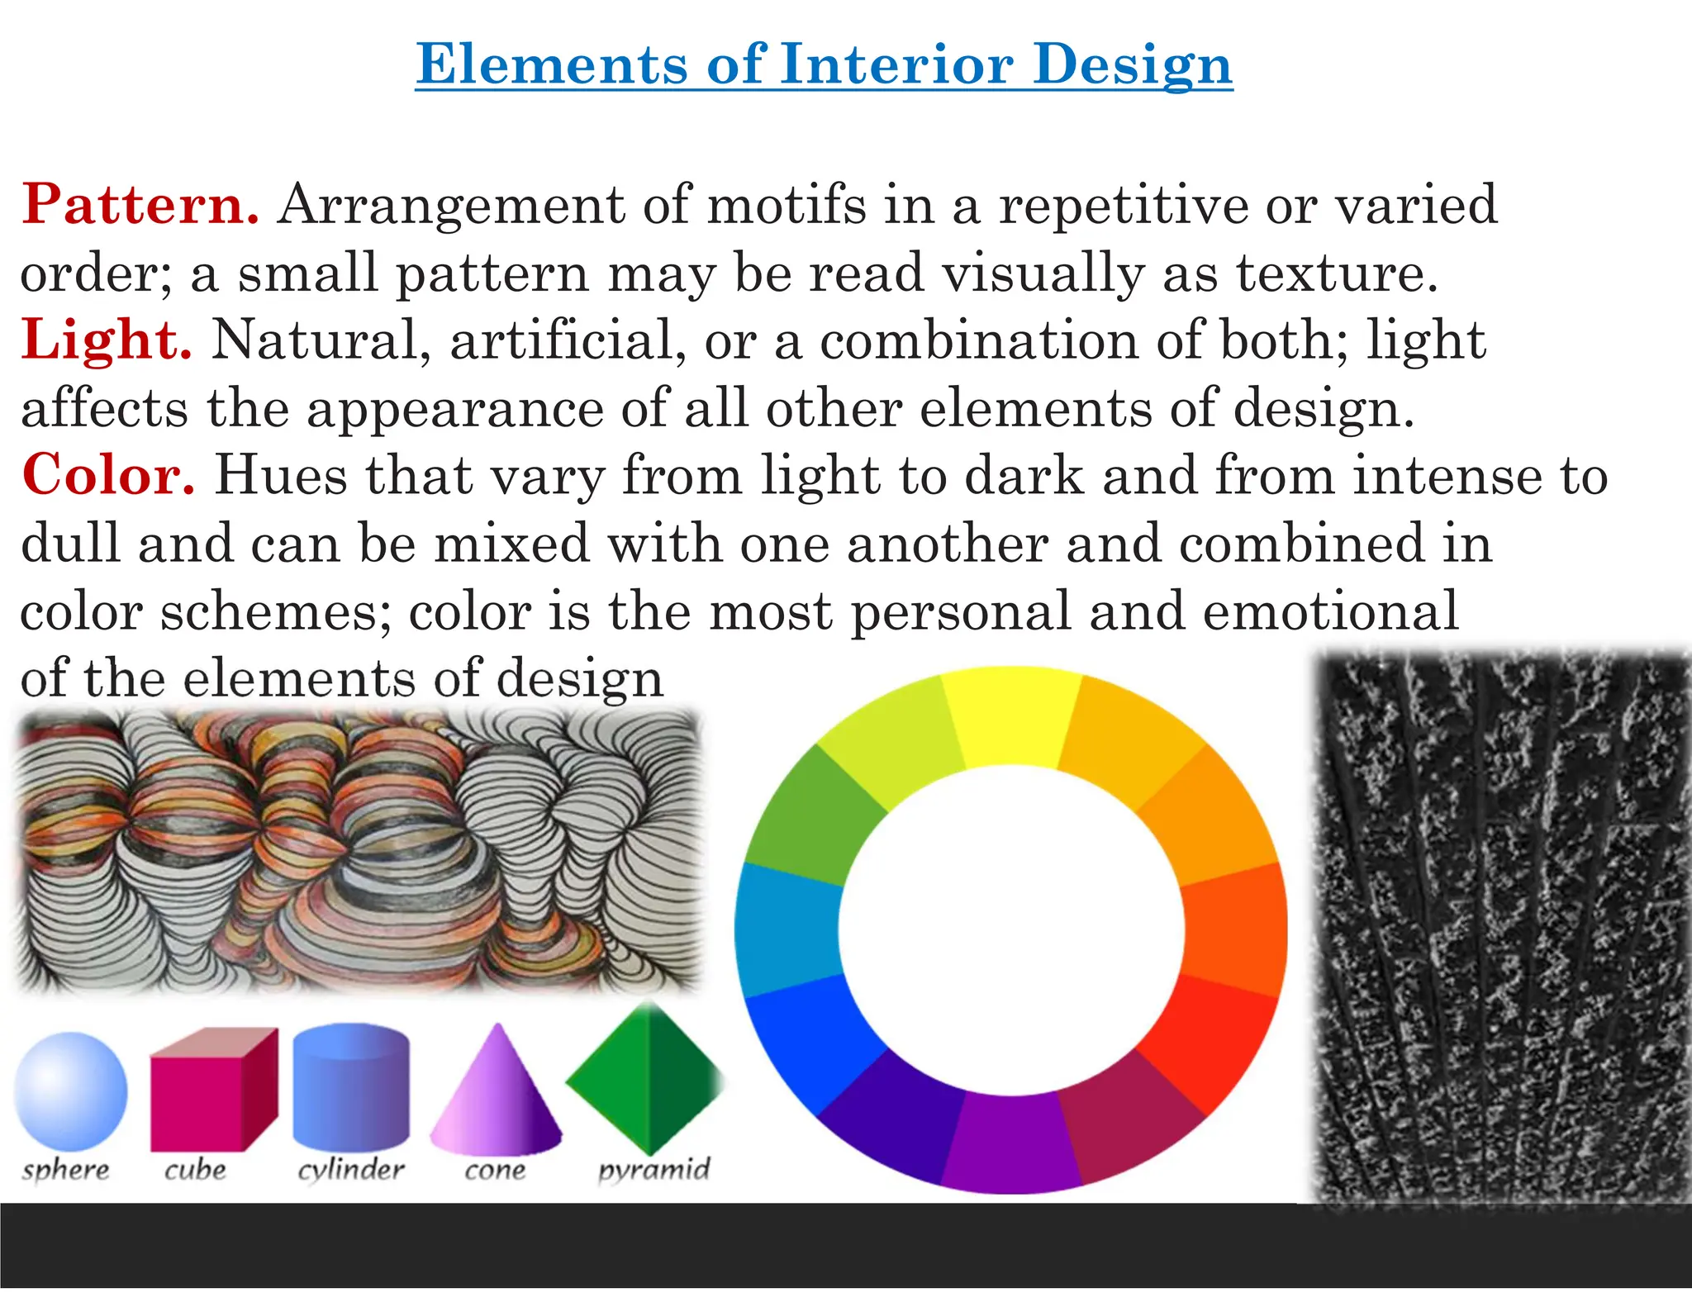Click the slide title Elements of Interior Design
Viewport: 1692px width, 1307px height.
click(824, 64)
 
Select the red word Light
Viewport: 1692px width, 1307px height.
click(107, 340)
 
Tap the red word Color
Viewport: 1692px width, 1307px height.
click(108, 475)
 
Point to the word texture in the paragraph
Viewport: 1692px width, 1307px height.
click(1337, 273)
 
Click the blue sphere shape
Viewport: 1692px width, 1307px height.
click(71, 1091)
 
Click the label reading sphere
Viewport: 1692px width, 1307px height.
click(66, 1170)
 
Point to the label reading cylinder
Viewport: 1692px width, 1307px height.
click(351, 1170)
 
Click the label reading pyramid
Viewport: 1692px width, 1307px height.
click(654, 1170)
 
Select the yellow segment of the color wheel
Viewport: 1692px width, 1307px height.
click(1011, 717)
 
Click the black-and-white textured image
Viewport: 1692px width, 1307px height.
click(1500, 925)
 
